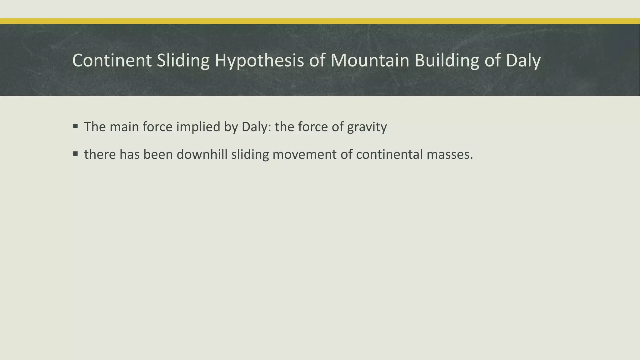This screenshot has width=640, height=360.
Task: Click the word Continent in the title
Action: (x=112, y=60)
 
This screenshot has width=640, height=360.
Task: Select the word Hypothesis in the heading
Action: (x=259, y=60)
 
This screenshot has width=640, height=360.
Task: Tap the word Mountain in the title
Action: (x=370, y=60)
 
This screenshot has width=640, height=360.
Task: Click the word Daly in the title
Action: (x=523, y=60)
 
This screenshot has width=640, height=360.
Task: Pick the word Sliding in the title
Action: (x=183, y=60)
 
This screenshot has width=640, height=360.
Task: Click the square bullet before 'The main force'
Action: (x=75, y=126)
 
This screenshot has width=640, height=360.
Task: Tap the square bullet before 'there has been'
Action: (x=75, y=154)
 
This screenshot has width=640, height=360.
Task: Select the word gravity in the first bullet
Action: (x=367, y=127)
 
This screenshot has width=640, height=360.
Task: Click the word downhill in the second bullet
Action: (x=202, y=154)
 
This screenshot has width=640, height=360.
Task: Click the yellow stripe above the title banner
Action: (x=320, y=21)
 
